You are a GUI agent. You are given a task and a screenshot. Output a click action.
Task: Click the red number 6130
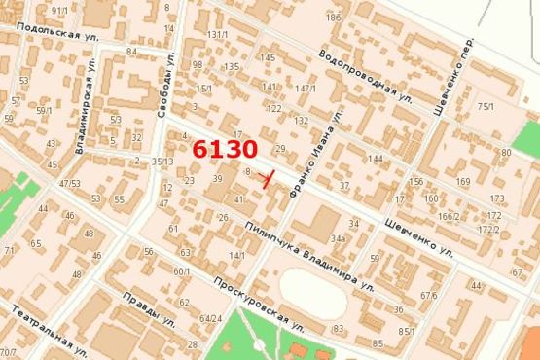(x=225, y=150)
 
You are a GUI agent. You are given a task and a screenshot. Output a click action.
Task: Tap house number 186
(x=334, y=18)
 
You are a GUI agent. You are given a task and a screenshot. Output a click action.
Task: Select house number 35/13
(x=162, y=162)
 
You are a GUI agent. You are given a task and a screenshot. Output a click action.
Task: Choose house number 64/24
(x=210, y=318)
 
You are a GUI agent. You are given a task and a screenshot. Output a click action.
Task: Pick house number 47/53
(x=69, y=183)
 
